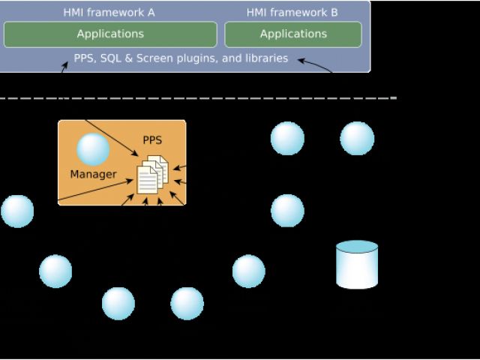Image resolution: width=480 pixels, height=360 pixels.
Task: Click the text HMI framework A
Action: [x=109, y=12]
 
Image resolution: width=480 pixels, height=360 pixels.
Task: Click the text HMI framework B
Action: [x=292, y=12]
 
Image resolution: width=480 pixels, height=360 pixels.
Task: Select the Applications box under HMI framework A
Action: [x=110, y=34]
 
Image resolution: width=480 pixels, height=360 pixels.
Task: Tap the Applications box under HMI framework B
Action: [x=293, y=34]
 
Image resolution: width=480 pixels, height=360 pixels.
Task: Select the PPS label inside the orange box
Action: [x=152, y=140]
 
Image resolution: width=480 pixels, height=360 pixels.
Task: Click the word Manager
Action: [x=93, y=175]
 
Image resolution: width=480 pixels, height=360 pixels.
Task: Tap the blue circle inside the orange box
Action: [x=93, y=149]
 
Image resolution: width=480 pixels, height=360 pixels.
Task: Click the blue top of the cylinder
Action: [x=357, y=247]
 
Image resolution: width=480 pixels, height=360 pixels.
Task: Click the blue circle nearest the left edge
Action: [x=17, y=211]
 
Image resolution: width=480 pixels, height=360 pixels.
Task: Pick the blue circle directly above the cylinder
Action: [x=357, y=139]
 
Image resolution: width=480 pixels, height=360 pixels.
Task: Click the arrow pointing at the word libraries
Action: [x=315, y=65]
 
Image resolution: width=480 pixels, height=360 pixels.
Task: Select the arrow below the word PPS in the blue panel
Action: [x=64, y=67]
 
